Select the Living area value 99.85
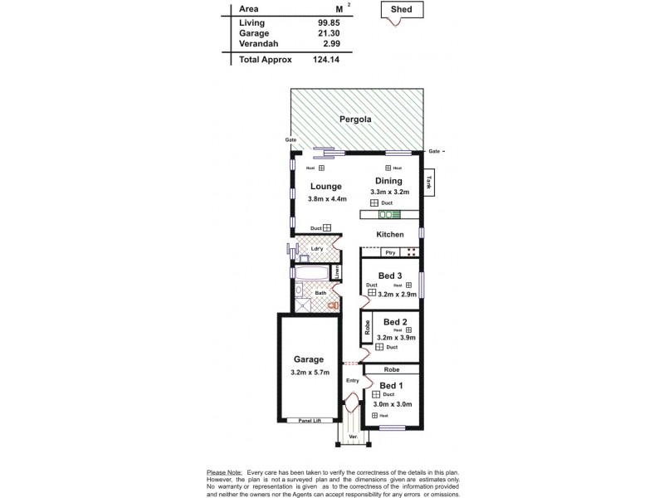tap(328, 22)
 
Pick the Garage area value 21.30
tap(328, 34)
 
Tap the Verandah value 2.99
tap(330, 46)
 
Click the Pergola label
tap(354, 120)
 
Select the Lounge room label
tap(325, 187)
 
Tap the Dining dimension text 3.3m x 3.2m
tap(389, 192)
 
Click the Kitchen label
tap(389, 235)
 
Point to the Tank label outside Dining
tap(429, 181)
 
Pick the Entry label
tap(353, 381)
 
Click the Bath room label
tap(320, 293)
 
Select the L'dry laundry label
tap(316, 248)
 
